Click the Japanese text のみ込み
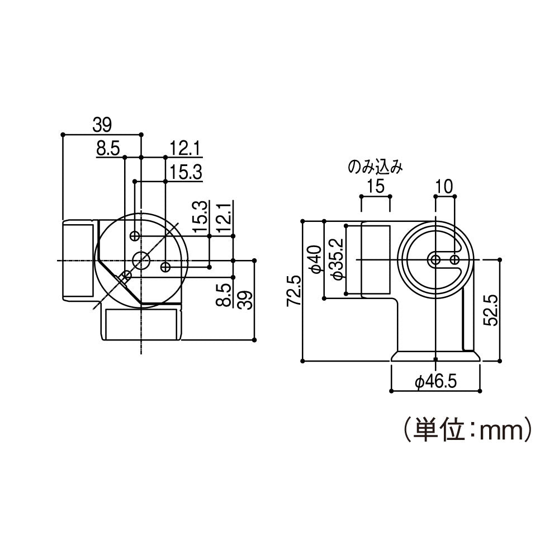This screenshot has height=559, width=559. click(375, 167)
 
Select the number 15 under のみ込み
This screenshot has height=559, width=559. click(375, 186)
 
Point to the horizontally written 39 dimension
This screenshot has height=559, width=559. click(102, 124)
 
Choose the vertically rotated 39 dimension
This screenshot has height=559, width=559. click(244, 300)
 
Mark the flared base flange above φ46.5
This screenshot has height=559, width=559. click(435, 356)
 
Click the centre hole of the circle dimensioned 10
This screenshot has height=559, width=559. click(435, 259)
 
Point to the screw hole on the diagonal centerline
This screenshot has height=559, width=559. click(125, 276)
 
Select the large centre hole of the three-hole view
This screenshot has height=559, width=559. click(141, 259)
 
